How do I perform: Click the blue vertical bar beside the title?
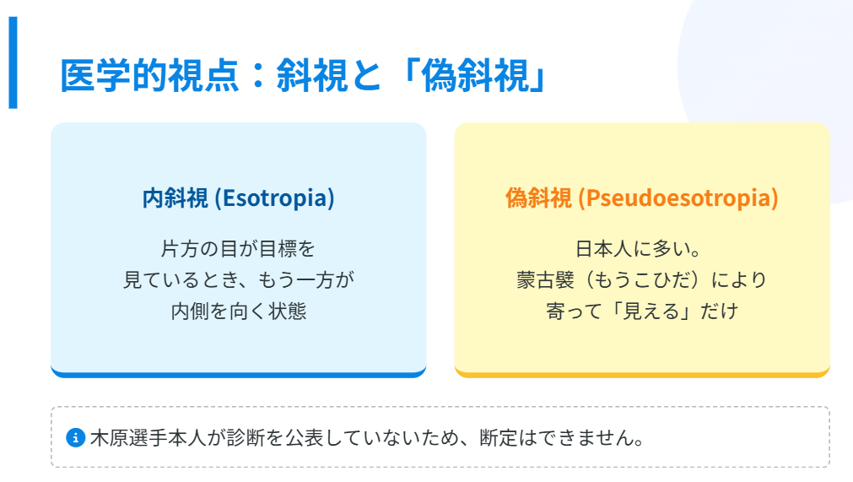pyautogui.click(x=13, y=63)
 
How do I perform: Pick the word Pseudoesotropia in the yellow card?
pyautogui.click(x=678, y=198)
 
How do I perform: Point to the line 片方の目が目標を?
pyautogui.click(x=238, y=250)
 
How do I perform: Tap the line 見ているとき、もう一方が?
pyautogui.click(x=238, y=280)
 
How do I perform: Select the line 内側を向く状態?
pyautogui.click(x=238, y=311)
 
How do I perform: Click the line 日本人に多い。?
pyautogui.click(x=641, y=250)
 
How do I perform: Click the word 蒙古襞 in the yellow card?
pyautogui.click(x=548, y=280)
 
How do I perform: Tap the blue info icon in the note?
pyautogui.click(x=75, y=437)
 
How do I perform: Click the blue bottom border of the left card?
pyautogui.click(x=238, y=373)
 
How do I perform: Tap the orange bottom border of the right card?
pyautogui.click(x=641, y=373)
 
